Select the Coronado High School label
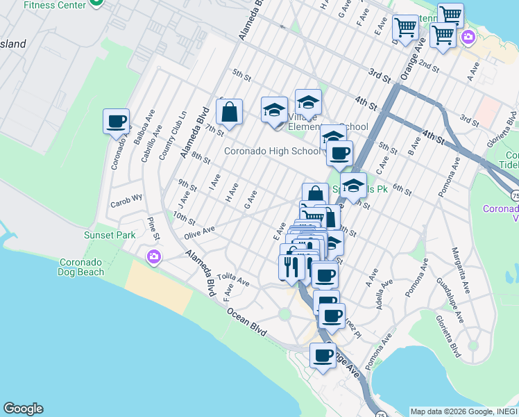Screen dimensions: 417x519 click(271, 151)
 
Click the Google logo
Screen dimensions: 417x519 click(23, 409)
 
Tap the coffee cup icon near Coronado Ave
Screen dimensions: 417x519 click(116, 122)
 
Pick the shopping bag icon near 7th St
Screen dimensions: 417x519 click(229, 112)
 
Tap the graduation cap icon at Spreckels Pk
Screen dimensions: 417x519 click(353, 185)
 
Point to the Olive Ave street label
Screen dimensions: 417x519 click(199, 231)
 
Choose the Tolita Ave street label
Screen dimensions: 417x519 click(232, 280)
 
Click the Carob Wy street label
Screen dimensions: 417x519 click(125, 204)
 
